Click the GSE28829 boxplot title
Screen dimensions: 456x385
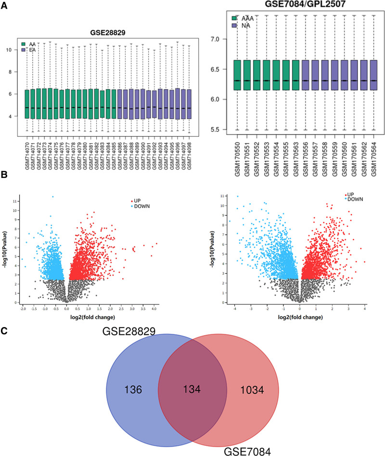108,33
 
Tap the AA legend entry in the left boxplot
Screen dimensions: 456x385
29,43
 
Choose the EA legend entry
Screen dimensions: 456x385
29,50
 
